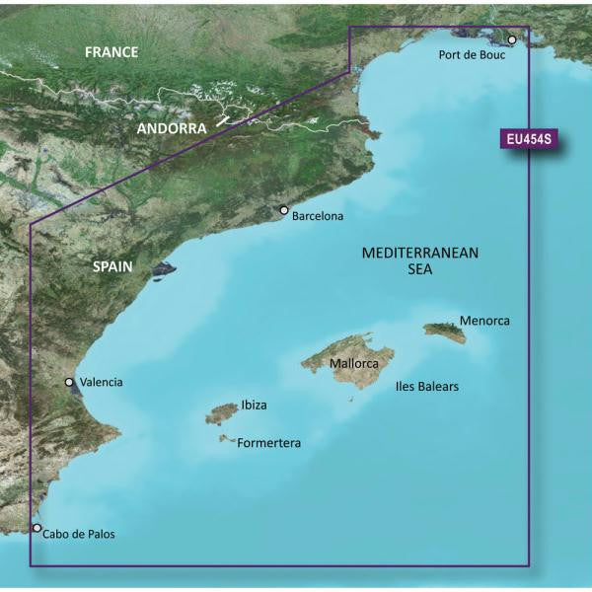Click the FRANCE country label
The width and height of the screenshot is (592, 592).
pyautogui.click(x=111, y=52)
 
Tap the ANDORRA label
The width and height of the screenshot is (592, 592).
pyautogui.click(x=173, y=128)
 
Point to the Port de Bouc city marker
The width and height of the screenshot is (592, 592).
pyautogui.click(x=512, y=40)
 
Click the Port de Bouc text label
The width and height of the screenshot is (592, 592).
pyautogui.click(x=472, y=55)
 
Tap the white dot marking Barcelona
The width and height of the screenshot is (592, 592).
pyautogui.click(x=284, y=210)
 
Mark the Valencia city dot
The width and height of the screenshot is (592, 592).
pyautogui.click(x=69, y=382)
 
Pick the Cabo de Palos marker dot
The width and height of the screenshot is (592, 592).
pyautogui.click(x=37, y=528)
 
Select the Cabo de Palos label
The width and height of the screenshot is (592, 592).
pyautogui.click(x=79, y=534)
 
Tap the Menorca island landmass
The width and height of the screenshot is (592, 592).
pyautogui.click(x=446, y=333)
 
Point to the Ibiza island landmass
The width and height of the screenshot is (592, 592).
pyautogui.click(x=220, y=415)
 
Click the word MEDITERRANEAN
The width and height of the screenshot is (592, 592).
pyautogui.click(x=419, y=253)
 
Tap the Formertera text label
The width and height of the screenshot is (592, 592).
pyautogui.click(x=269, y=444)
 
